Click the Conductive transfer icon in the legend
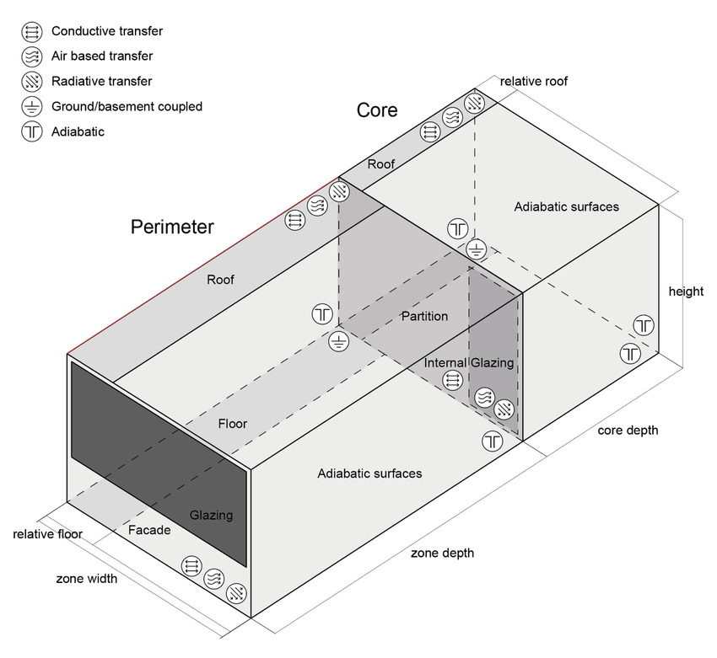pos(32,32)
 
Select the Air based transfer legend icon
pos(32,57)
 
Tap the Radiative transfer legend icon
pos(32,82)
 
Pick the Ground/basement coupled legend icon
pos(32,107)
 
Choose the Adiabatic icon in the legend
pos(32,132)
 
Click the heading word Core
pos(377,110)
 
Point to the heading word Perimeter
pos(172,227)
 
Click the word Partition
pos(424,316)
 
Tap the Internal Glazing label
pos(469,362)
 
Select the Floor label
pos(233,424)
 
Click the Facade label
pos(149,530)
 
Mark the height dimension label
pos(686,292)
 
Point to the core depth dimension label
pos(628,431)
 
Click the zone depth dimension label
pos(442,554)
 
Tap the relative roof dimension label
pos(534,82)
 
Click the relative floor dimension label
pos(47,534)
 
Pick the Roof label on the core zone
pos(380,164)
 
